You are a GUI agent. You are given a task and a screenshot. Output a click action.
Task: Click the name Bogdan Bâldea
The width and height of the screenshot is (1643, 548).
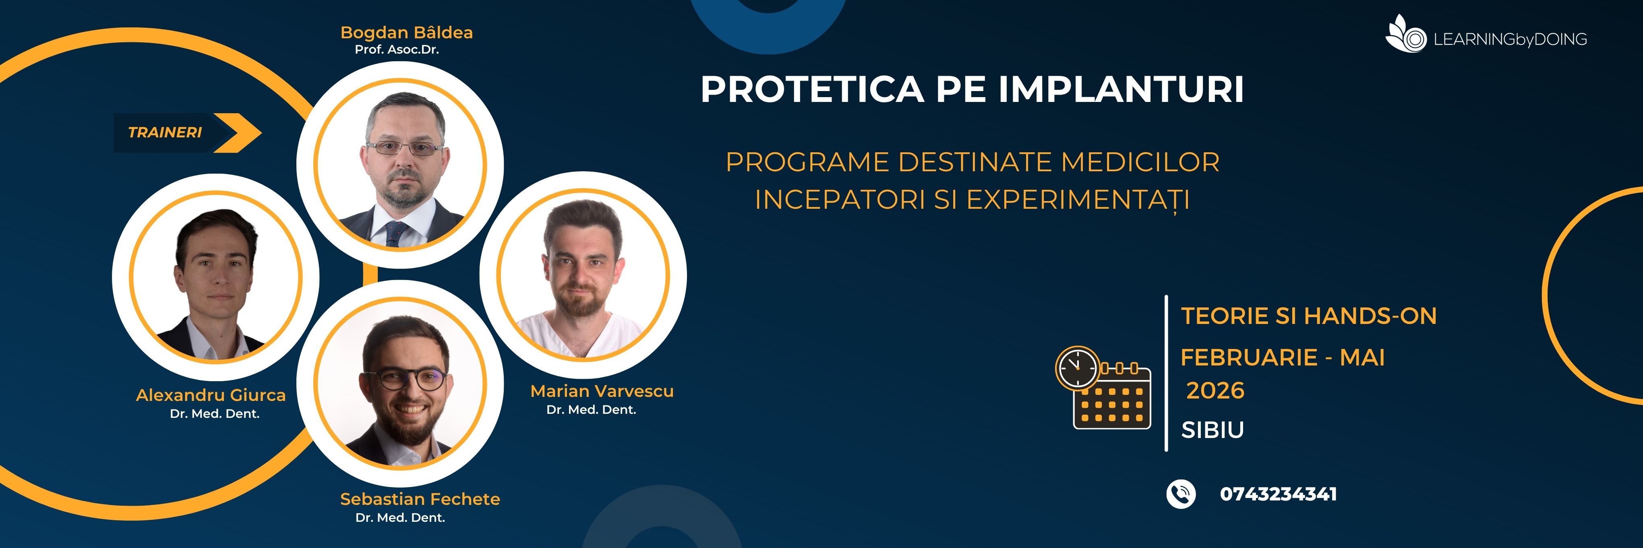(x=406, y=33)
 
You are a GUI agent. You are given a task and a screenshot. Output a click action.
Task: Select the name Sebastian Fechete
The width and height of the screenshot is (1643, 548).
(x=420, y=499)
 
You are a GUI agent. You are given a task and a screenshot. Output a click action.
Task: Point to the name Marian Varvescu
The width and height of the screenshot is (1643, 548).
(x=602, y=391)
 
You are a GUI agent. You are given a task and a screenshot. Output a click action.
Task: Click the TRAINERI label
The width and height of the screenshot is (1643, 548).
(x=165, y=133)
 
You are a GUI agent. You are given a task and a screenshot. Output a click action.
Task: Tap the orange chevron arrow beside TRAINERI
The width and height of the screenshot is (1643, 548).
(x=237, y=133)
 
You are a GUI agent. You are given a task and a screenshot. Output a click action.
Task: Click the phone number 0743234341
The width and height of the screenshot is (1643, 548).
(x=1278, y=494)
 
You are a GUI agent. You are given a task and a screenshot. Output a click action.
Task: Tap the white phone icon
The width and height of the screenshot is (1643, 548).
(x=1181, y=494)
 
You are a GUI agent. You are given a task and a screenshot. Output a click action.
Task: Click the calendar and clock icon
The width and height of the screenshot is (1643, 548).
(x=1103, y=388)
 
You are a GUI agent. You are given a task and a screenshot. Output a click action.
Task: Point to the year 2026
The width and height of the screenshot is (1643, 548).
(x=1215, y=390)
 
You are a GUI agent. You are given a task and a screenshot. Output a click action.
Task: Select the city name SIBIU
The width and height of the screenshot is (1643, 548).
(x=1212, y=430)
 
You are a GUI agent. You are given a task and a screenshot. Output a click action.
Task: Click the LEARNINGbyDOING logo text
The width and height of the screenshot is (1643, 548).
(x=1510, y=39)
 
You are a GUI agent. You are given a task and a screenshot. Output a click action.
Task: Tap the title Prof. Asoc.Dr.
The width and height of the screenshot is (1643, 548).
(x=397, y=50)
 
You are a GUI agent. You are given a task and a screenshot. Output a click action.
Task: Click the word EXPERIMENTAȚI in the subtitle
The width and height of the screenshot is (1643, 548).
(x=1078, y=200)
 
